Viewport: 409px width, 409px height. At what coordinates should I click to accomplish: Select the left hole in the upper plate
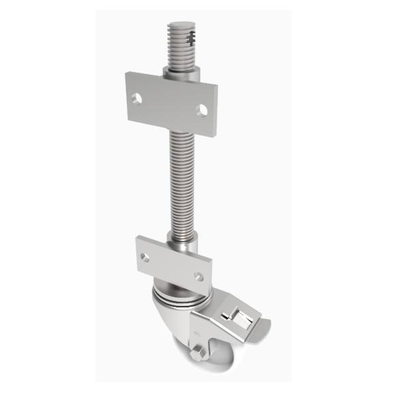[x=138, y=98]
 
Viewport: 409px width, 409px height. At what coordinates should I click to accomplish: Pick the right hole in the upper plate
[x=202, y=108]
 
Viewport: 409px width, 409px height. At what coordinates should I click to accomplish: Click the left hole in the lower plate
[x=145, y=257]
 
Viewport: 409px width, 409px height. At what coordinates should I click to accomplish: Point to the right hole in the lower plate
[x=198, y=276]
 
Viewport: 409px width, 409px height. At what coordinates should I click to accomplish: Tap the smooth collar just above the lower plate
[x=183, y=241]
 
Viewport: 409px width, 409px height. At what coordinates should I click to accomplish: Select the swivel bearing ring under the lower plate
[x=181, y=294]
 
